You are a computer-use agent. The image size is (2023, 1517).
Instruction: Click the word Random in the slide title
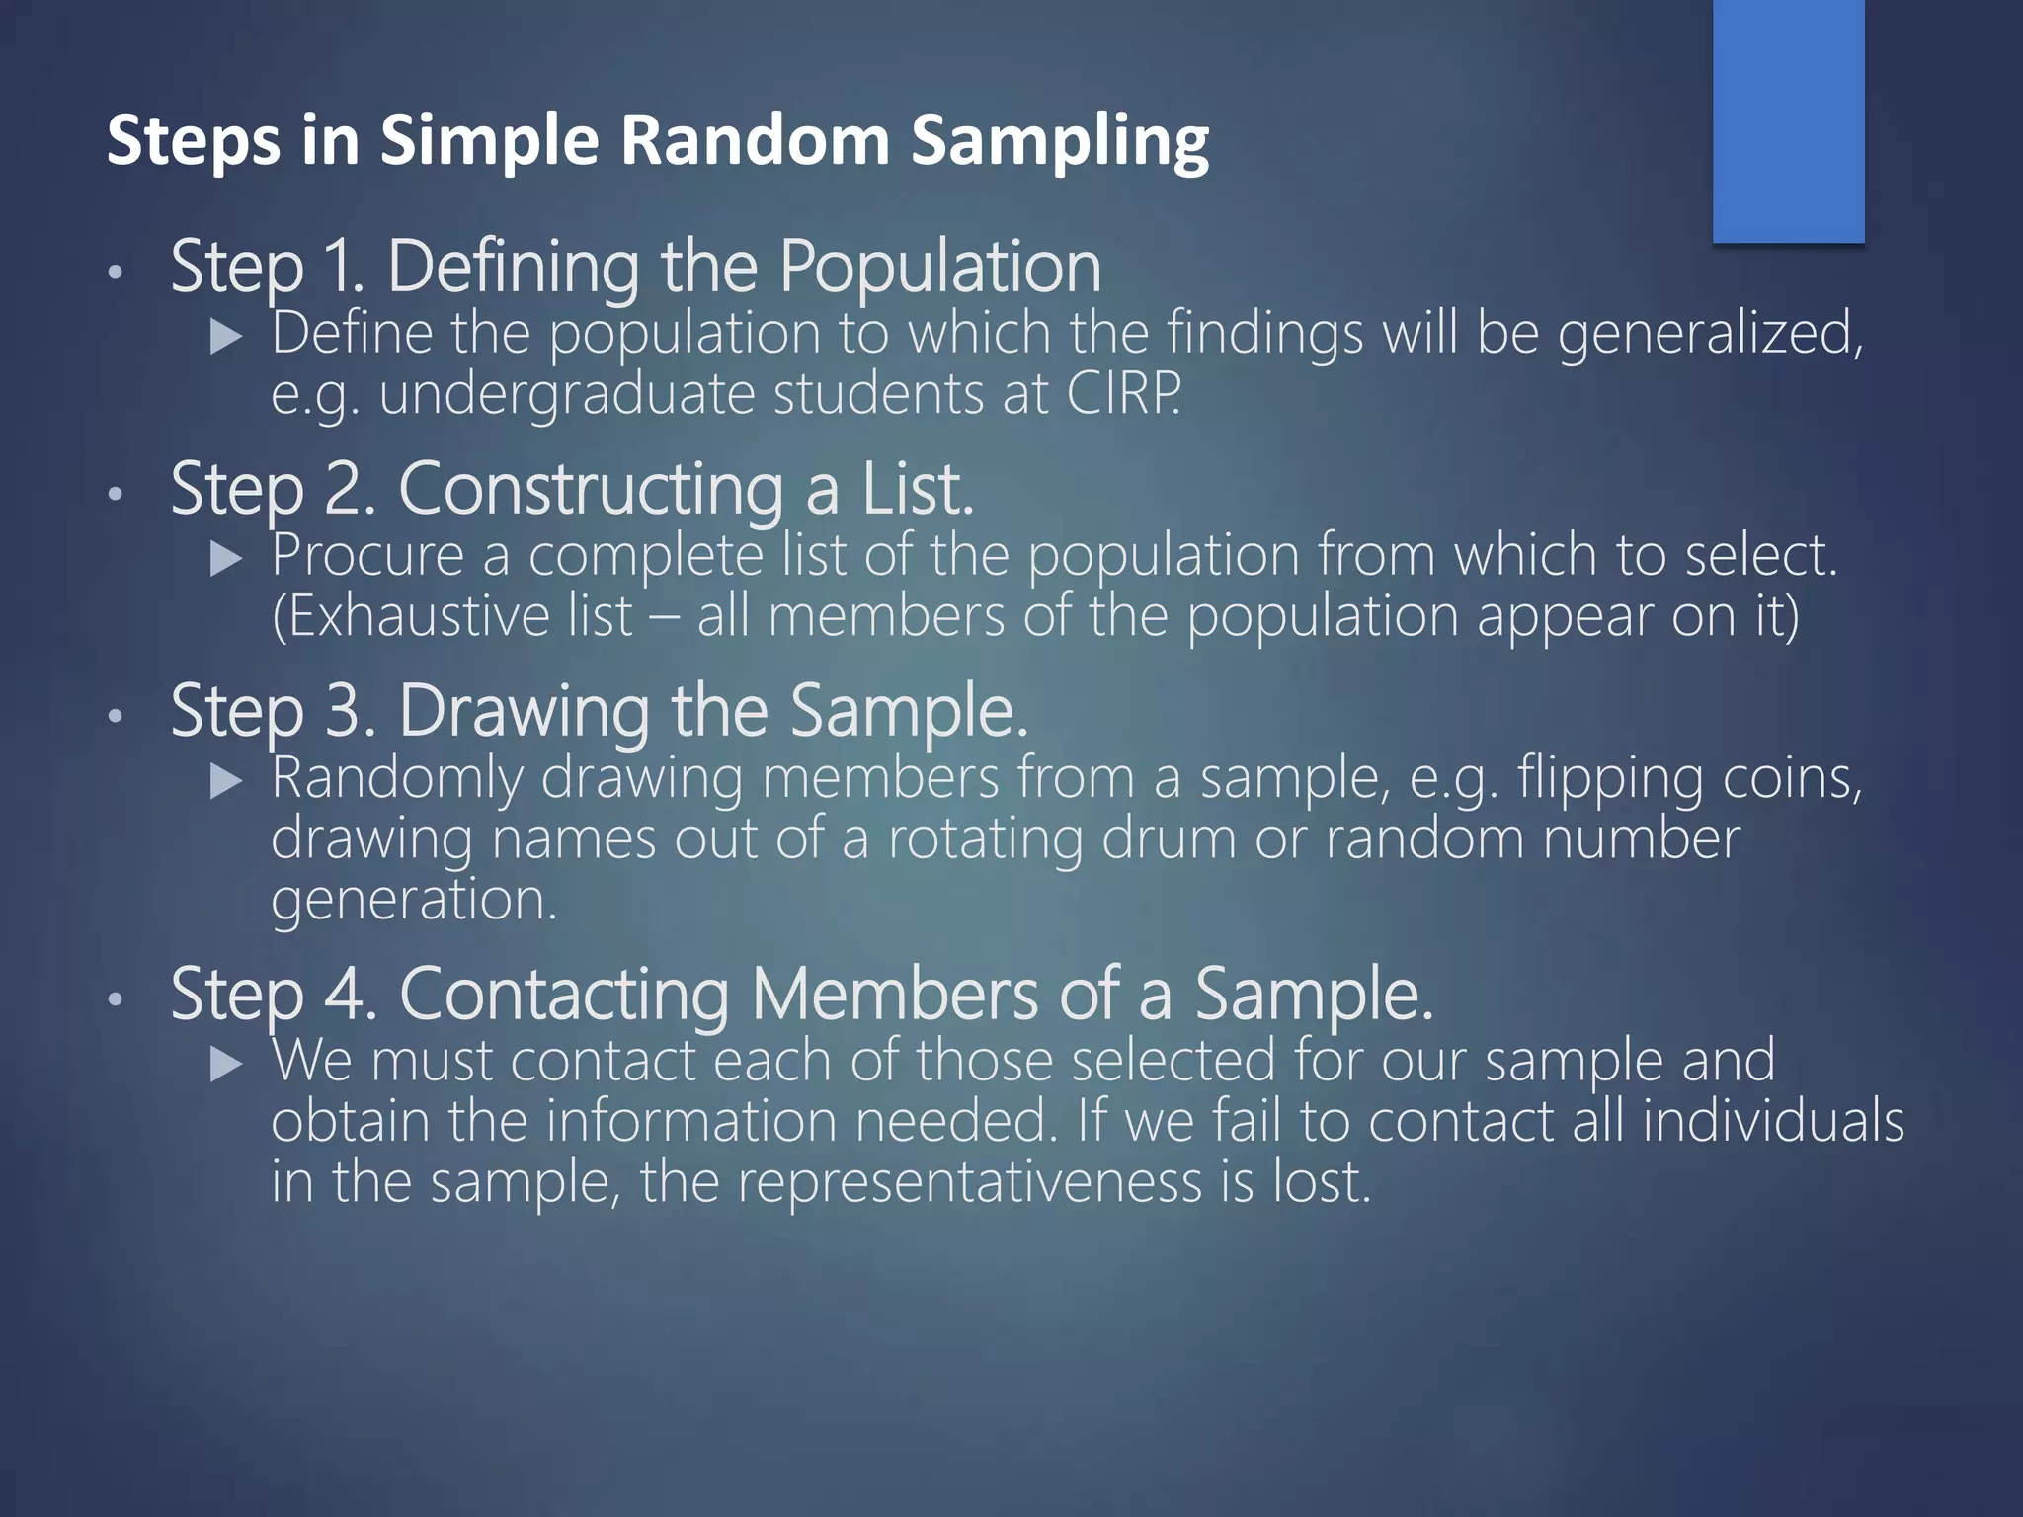755,139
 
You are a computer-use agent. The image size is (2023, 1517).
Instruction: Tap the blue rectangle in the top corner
1788,120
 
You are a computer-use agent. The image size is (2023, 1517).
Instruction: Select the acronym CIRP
1123,393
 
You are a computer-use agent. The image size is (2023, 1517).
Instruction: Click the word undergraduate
567,395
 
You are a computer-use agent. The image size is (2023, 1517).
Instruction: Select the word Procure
367,555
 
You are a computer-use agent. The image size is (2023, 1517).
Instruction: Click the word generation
414,901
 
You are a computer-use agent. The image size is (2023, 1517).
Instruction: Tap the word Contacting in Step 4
564,994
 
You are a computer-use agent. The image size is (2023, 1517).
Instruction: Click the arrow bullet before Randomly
227,783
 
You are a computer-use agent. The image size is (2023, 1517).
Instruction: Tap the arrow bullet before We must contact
227,1065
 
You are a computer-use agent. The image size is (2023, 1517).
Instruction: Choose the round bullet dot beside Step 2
116,494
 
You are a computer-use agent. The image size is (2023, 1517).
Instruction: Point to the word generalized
1710,333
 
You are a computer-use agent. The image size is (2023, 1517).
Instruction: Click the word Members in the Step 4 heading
895,994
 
